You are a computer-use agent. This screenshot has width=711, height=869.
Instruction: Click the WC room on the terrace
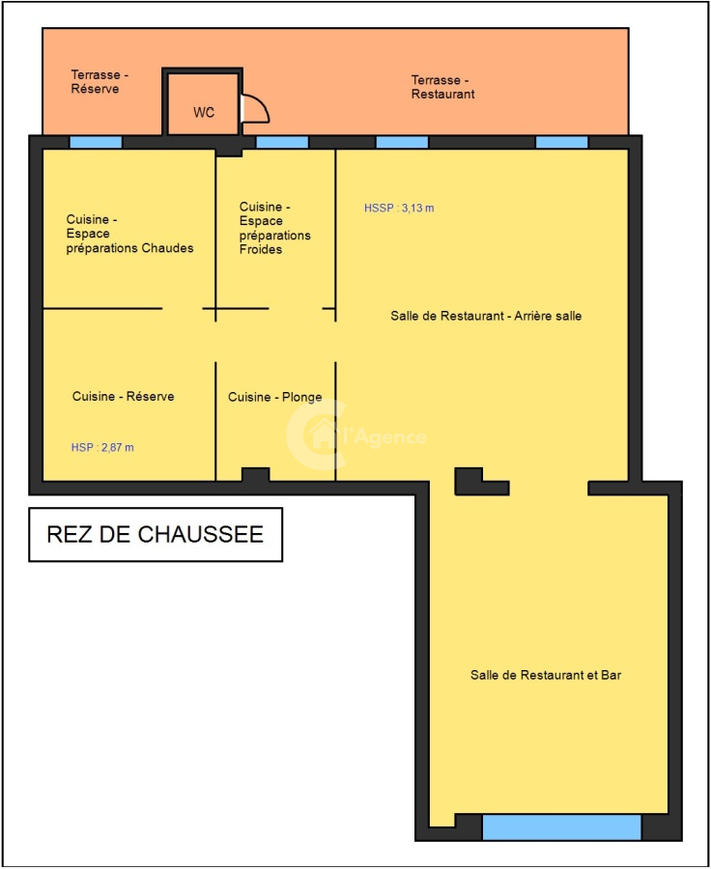click(203, 103)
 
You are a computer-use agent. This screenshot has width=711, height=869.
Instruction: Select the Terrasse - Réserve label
click(100, 81)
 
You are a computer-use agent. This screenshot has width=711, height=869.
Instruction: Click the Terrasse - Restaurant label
click(442, 87)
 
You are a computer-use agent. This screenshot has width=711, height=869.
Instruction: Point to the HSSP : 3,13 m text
click(399, 208)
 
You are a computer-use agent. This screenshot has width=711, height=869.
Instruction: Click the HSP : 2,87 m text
click(102, 447)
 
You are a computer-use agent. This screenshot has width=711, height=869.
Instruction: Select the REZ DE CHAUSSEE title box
click(156, 534)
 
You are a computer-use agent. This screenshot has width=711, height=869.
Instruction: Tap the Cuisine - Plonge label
click(274, 397)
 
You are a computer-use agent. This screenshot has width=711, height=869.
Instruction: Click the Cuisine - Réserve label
click(123, 396)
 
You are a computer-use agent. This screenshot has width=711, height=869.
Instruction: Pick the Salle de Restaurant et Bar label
click(546, 675)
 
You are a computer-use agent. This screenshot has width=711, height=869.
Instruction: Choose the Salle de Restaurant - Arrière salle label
click(486, 316)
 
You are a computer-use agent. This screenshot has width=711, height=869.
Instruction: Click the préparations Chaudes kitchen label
click(129, 234)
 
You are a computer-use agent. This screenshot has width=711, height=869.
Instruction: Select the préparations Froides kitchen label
click(274, 228)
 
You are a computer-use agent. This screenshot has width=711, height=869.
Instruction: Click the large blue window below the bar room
click(562, 827)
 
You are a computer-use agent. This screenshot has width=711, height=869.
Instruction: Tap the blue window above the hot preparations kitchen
click(96, 143)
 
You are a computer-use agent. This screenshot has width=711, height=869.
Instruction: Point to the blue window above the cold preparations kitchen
click(282, 143)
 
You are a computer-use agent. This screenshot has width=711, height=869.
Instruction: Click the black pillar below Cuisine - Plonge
click(256, 475)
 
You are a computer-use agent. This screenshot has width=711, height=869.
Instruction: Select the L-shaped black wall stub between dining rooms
click(481, 482)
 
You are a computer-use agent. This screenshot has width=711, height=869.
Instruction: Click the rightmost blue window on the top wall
click(562, 143)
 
